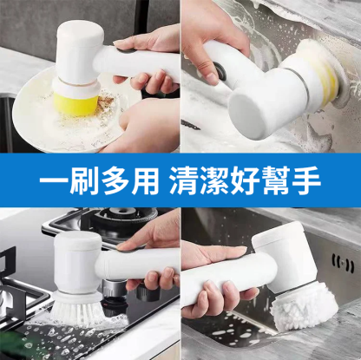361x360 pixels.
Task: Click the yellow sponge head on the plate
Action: (x=75, y=102)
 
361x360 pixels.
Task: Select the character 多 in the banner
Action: (x=115, y=180)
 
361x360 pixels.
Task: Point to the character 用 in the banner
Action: (x=145, y=180)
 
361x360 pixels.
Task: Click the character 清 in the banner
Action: (x=184, y=180)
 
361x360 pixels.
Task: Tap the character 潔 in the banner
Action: (x=215, y=180)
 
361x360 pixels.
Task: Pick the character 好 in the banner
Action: (x=246, y=180)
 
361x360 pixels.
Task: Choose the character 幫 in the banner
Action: (x=276, y=180)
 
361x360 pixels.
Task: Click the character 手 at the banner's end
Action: (x=306, y=180)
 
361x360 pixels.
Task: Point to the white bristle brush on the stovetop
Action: (x=77, y=307)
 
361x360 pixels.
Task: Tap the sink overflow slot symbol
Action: (x=343, y=264)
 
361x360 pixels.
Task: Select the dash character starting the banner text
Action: (x=53, y=180)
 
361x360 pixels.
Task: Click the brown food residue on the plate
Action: (x=107, y=101)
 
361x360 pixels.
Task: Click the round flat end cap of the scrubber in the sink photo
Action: (x=246, y=115)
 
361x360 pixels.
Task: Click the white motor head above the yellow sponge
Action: (x=80, y=52)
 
